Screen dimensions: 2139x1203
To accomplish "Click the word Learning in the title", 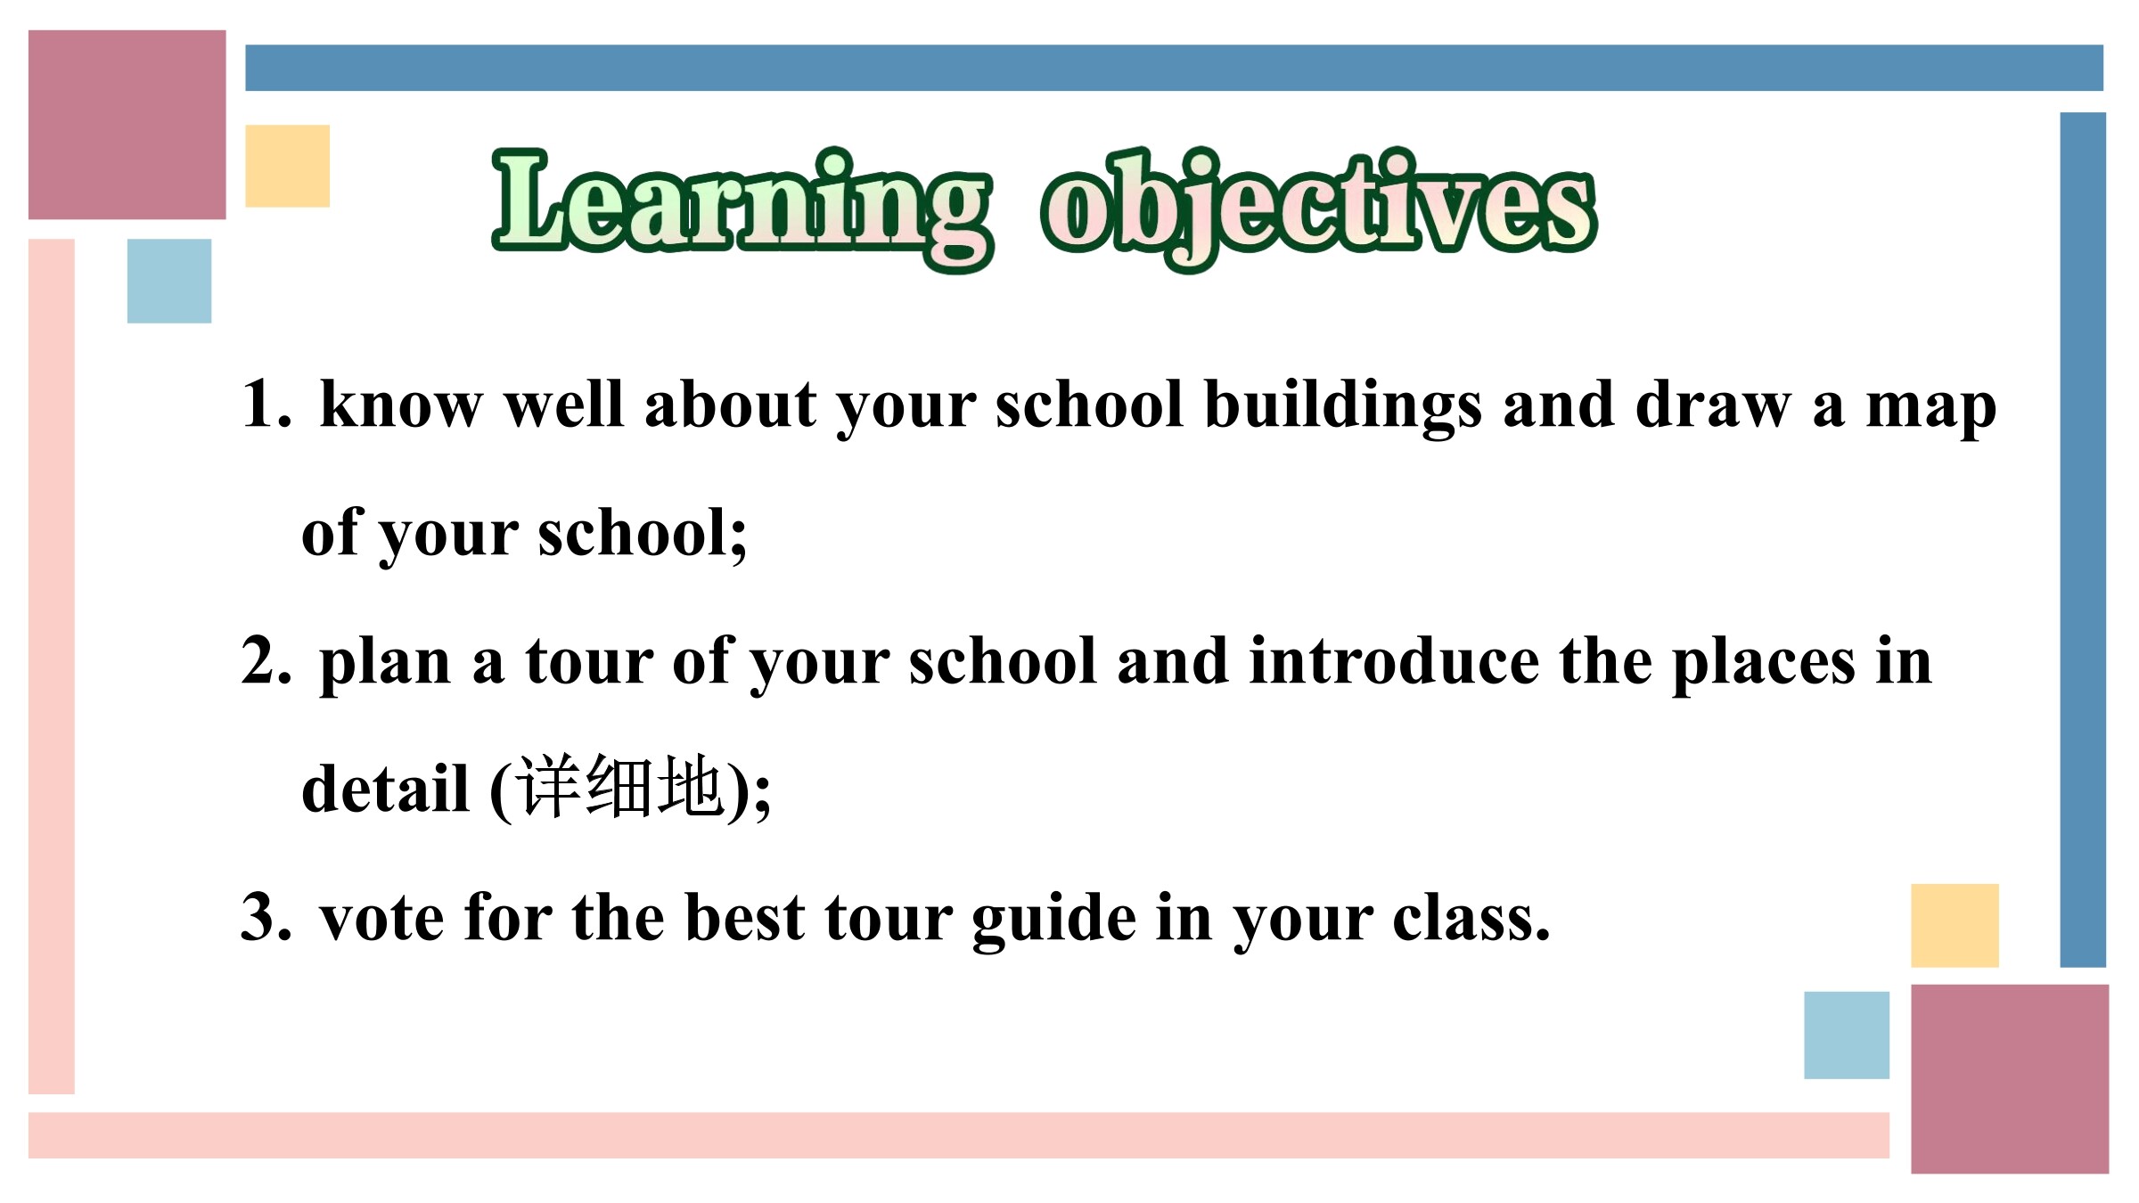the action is tap(742, 209).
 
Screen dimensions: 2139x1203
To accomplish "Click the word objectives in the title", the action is tap(1318, 209).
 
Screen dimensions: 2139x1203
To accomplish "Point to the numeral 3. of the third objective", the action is tap(266, 917).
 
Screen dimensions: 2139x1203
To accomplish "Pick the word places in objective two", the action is tap(1764, 666).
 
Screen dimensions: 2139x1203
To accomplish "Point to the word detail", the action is tap(385, 789).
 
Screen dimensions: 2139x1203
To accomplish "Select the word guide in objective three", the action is tap(1054, 921).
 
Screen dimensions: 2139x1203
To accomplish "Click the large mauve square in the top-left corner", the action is tap(127, 125).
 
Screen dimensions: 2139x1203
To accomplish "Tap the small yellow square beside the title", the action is tap(288, 166).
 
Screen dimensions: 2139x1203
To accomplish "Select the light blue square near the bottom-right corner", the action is tap(1847, 1035).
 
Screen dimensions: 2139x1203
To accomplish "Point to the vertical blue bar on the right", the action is tap(2083, 539).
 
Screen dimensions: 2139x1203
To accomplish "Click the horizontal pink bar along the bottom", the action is tap(959, 1135).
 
